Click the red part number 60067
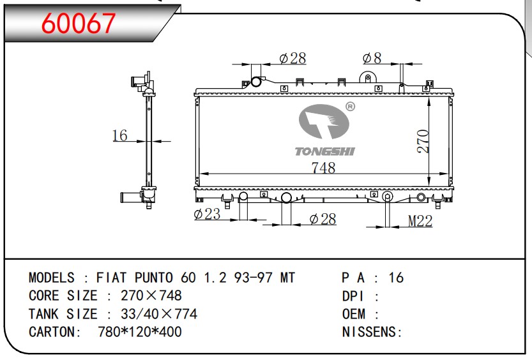pos(79,24)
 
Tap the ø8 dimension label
pos(372,58)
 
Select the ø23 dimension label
pos(207,214)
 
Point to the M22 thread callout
pos(420,221)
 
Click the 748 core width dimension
pos(323,168)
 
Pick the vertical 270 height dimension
pos(423,141)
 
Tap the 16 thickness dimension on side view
pos(120,135)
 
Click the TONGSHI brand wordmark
pos(324,151)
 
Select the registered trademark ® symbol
pos(350,107)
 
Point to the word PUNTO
pos(154,278)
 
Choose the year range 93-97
pos(253,278)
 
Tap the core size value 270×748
pos(151,296)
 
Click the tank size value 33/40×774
pos(159,314)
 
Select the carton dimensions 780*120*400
pos(139,331)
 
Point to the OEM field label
pos(354,314)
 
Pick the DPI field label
pos(353,296)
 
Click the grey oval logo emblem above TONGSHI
pos(324,122)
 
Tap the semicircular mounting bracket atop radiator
pos(367,77)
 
